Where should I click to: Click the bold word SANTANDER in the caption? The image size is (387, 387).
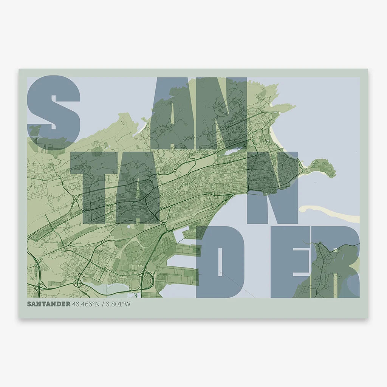click(48, 304)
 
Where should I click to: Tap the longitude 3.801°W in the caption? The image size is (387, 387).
click(118, 304)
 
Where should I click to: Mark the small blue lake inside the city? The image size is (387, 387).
click(232, 152)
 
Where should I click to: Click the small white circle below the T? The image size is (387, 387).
click(129, 226)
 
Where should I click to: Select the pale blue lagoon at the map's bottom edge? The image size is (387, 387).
click(111, 289)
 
